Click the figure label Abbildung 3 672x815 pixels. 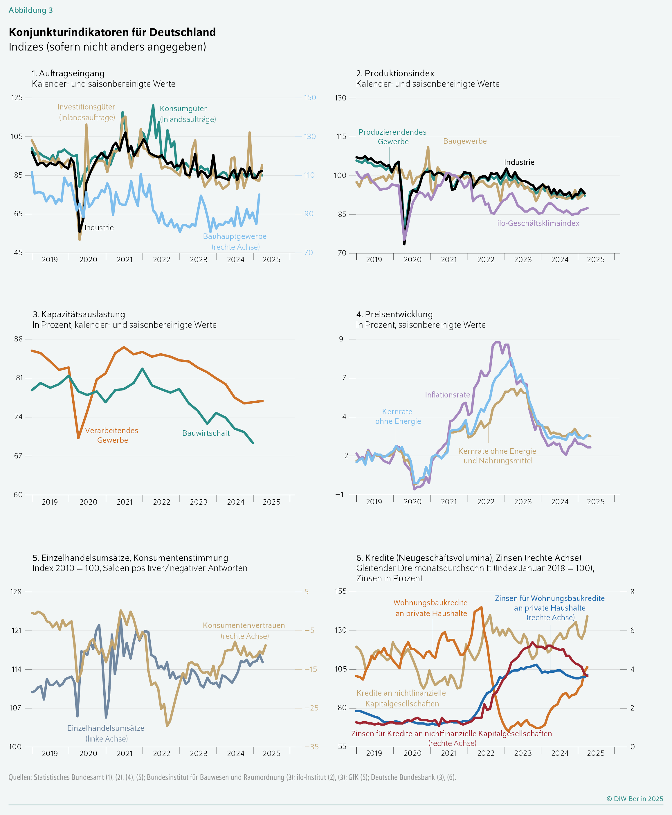(30, 10)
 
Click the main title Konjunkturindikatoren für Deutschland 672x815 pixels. (112, 32)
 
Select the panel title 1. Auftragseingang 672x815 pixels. (68, 73)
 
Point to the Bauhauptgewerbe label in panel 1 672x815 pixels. (235, 236)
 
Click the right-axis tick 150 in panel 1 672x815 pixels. (310, 98)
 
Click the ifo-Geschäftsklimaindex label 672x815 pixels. (538, 223)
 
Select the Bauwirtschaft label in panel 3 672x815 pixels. (206, 433)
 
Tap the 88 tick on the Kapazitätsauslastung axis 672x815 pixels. (18, 339)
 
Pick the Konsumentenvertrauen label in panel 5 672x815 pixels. (244, 625)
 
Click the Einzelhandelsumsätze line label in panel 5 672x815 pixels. (106, 728)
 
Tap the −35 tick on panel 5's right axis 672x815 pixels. (311, 747)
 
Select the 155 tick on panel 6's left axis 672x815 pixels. (341, 591)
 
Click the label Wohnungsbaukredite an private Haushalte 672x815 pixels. (430, 608)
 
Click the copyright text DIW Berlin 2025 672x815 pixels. (635, 799)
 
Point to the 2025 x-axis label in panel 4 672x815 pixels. (596, 502)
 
